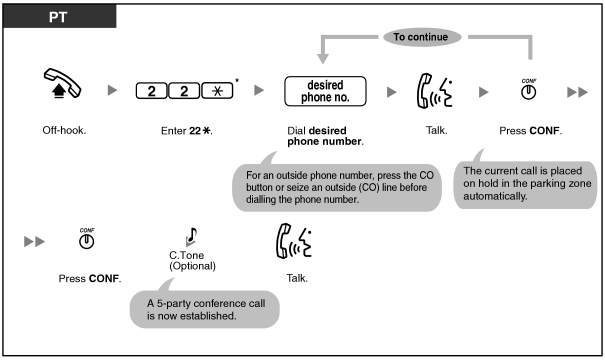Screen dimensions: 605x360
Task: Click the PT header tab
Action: pos(59,16)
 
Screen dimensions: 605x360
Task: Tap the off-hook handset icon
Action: pos(62,83)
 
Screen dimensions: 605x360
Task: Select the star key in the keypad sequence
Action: pos(217,91)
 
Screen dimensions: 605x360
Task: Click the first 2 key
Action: pos(152,91)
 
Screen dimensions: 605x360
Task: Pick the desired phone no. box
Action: pos(325,91)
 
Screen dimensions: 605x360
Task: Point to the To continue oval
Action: pos(422,37)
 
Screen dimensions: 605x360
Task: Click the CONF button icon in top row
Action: pos(529,90)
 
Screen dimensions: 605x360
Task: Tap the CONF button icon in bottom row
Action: pos(86,238)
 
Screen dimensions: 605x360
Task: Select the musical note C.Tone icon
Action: pos(191,236)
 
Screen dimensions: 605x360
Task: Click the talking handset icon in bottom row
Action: pos(294,241)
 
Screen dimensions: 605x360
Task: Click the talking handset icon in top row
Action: pos(434,91)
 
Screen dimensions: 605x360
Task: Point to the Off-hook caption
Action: pos(64,130)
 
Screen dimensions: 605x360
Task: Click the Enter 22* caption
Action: pos(187,131)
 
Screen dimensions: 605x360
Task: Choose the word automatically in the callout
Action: pos(495,196)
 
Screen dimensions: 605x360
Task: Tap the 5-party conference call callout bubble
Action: pos(204,309)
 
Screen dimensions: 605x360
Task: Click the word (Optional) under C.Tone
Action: pos(193,266)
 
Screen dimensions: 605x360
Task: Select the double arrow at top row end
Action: pos(578,92)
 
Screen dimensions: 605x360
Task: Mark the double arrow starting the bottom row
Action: pos(34,242)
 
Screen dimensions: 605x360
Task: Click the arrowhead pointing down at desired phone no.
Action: pos(323,59)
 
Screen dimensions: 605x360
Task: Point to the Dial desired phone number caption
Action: pos(325,136)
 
